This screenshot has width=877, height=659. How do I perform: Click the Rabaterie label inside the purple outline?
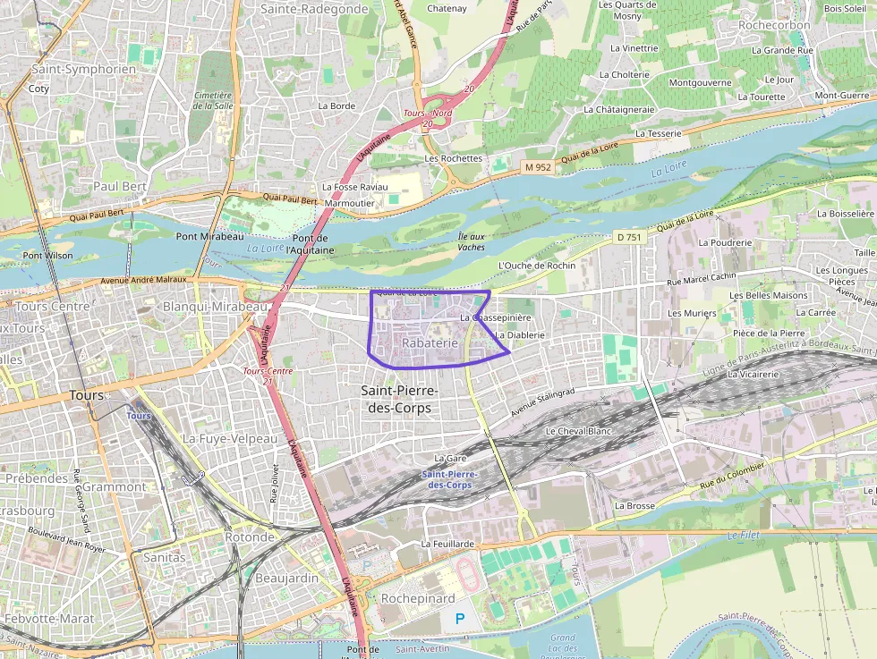click(430, 342)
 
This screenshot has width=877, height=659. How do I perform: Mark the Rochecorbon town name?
click(774, 25)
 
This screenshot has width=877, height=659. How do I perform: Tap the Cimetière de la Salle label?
click(212, 100)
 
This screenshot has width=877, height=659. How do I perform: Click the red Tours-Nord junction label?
click(428, 114)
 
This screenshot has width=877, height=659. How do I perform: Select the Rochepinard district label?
click(418, 598)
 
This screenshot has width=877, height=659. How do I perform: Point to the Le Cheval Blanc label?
click(578, 431)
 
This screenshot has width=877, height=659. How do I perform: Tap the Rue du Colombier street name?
click(732, 476)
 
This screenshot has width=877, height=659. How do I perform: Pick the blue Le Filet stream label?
click(743, 536)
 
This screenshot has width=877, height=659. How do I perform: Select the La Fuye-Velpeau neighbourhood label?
click(230, 439)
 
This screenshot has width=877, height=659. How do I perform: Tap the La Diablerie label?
click(519, 334)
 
